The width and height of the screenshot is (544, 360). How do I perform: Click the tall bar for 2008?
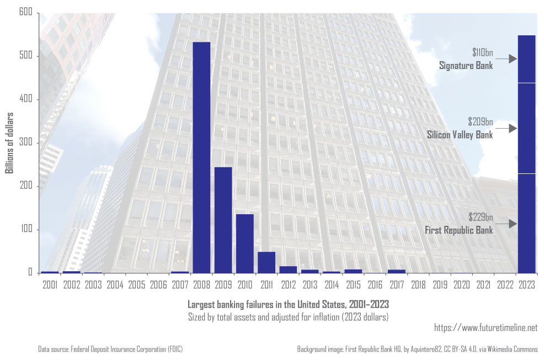[201, 157]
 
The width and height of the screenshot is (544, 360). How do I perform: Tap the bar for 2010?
[244, 243]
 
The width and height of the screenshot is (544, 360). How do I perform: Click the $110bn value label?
[482, 53]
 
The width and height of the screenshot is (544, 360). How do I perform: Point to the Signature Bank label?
[466, 66]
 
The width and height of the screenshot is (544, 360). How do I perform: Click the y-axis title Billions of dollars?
[9, 143]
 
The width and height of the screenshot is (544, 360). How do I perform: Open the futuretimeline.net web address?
[486, 328]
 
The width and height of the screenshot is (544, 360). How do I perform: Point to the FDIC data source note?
[110, 349]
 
